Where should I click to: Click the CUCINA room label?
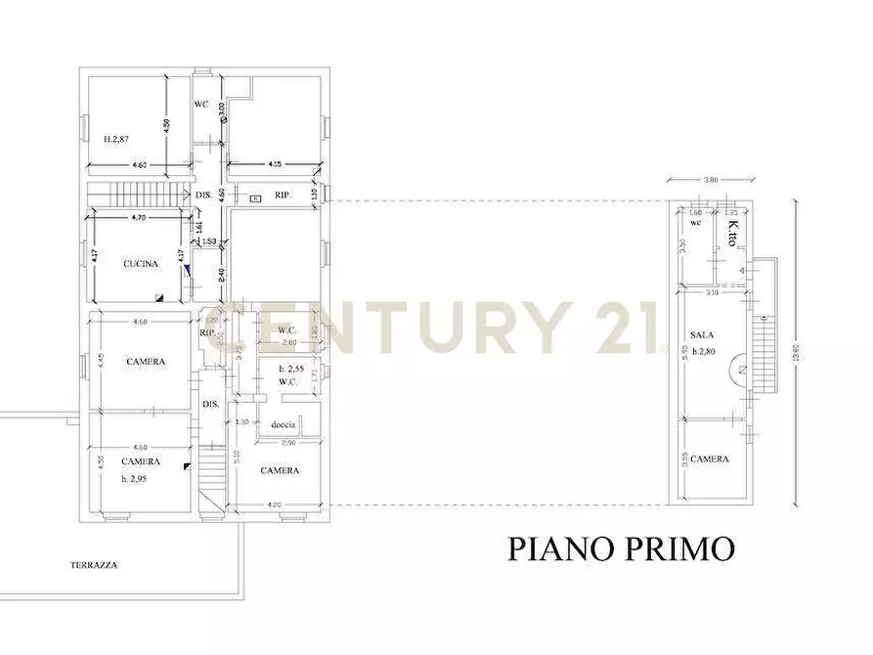click(x=141, y=264)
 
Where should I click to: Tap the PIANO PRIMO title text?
click(x=621, y=548)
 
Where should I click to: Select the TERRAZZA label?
click(x=94, y=564)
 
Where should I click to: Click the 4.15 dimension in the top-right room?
click(x=275, y=165)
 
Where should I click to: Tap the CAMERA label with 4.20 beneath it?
click(x=280, y=470)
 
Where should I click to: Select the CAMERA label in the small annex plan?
click(x=710, y=458)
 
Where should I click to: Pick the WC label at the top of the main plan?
click(x=200, y=104)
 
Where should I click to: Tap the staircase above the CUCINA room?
click(x=147, y=192)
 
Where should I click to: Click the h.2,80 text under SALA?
click(x=707, y=351)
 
